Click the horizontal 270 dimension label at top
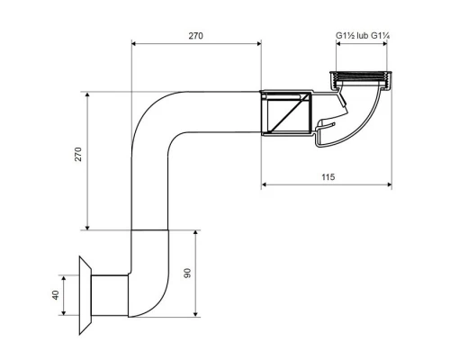[195, 36]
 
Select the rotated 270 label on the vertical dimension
[78, 154]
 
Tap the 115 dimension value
[328, 177]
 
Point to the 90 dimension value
[187, 273]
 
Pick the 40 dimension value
[56, 295]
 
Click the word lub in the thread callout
[363, 36]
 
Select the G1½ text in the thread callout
[346, 36]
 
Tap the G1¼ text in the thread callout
[380, 36]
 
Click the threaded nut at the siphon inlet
[360, 79]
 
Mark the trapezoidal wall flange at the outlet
[85, 295]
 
